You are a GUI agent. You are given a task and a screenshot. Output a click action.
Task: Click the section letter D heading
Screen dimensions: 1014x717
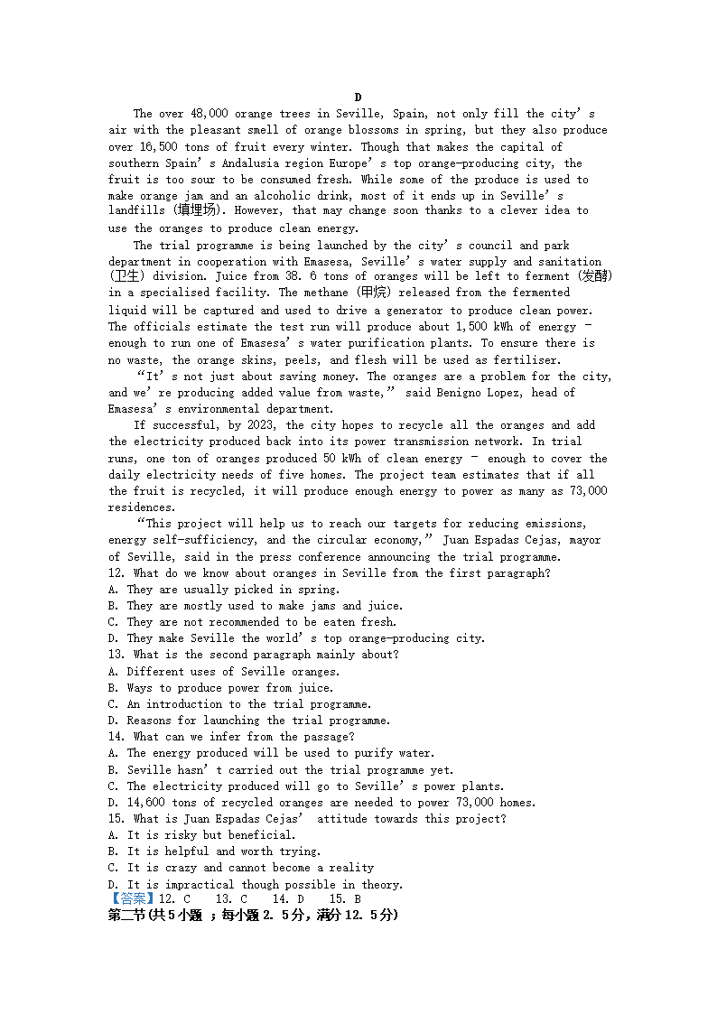pyautogui.click(x=358, y=98)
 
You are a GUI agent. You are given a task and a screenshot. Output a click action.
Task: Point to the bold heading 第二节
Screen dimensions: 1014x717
pyautogui.click(x=128, y=915)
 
